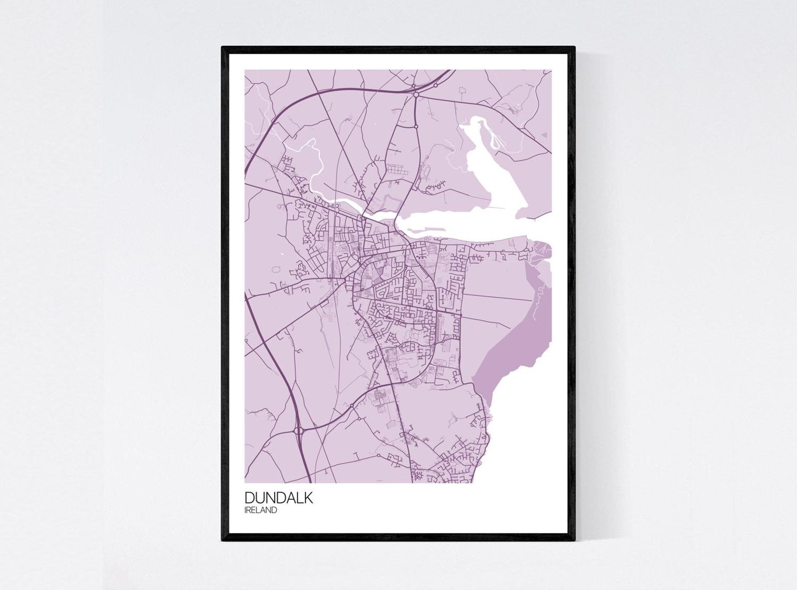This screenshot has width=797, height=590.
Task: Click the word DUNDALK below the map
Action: [279, 498]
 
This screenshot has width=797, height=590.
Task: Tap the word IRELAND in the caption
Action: [260, 510]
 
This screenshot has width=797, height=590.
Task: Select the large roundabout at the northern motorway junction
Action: [416, 94]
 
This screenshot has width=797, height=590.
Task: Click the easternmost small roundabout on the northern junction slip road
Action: [436, 85]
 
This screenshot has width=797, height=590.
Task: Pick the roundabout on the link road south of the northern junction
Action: [417, 126]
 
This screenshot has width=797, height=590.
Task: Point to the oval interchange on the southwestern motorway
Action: [299, 430]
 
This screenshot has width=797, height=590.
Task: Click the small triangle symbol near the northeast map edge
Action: [544, 135]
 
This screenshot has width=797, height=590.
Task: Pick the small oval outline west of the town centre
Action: [276, 269]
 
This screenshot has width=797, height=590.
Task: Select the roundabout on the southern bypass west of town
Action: [352, 405]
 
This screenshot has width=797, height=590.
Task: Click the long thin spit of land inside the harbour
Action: [427, 230]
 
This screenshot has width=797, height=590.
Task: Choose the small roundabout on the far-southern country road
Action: [378, 455]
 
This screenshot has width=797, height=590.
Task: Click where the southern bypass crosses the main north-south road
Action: [395, 383]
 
